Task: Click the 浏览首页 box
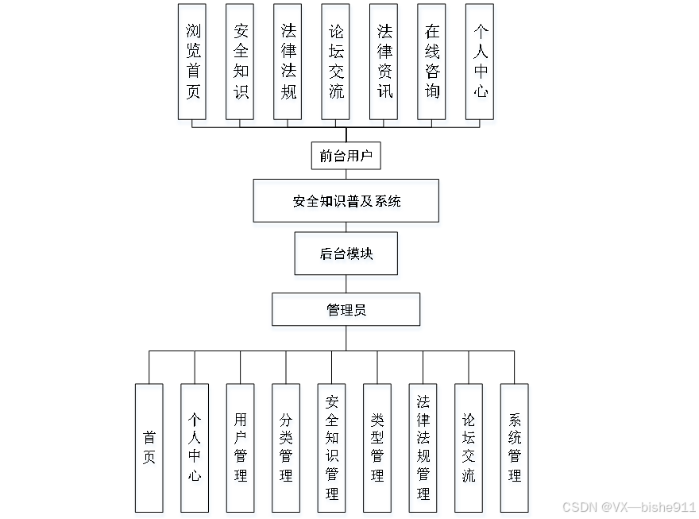click(193, 62)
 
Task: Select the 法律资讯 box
click(384, 62)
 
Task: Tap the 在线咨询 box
click(432, 62)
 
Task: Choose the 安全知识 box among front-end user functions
click(241, 62)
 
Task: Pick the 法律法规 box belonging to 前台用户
click(288, 62)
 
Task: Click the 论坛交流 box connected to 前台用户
click(336, 62)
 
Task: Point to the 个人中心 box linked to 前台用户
click(480, 62)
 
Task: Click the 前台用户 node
click(346, 156)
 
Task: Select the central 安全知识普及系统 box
click(346, 201)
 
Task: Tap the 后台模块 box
click(346, 254)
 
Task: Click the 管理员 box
click(346, 310)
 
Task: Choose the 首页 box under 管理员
click(149, 448)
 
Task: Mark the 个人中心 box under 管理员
click(195, 448)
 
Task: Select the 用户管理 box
click(241, 448)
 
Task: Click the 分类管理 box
click(286, 448)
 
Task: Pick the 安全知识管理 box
click(332, 448)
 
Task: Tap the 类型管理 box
click(377, 448)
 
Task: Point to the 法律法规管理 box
click(423, 448)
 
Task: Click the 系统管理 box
click(515, 448)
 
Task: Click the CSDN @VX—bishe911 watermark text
click(629, 507)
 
